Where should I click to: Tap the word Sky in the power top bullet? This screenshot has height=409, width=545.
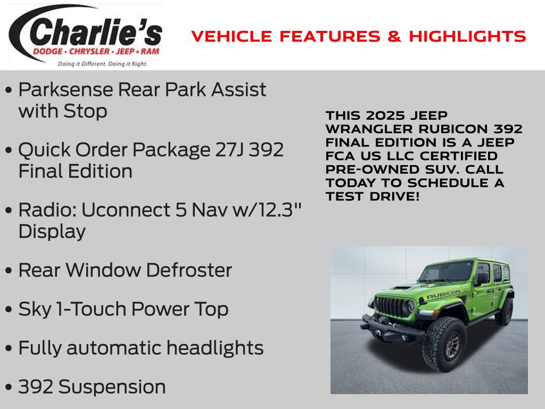click(x=35, y=309)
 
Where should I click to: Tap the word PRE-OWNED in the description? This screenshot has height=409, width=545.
click(x=372, y=169)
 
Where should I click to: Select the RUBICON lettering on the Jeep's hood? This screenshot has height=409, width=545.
click(x=443, y=294)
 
